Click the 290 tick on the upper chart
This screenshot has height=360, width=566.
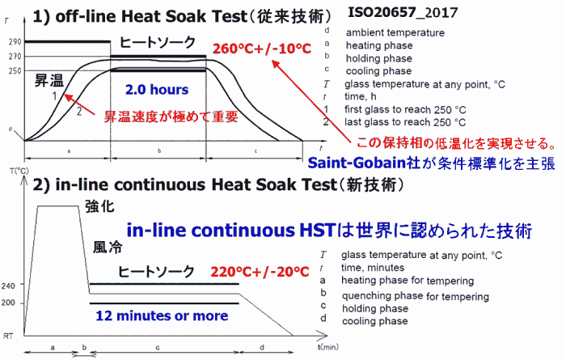[15, 42]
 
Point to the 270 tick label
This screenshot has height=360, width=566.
[15, 57]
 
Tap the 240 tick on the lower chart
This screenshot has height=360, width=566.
[8, 286]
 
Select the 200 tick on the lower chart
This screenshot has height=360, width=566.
[8, 303]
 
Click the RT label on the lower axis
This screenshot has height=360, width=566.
[8, 337]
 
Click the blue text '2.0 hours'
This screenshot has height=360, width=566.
[157, 90]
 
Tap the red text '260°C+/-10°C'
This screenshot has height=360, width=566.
[262, 49]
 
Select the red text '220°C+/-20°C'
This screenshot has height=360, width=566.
[260, 272]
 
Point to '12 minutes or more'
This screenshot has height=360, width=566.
[162, 316]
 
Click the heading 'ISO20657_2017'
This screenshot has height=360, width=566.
[403, 13]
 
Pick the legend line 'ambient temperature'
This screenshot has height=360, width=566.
[395, 32]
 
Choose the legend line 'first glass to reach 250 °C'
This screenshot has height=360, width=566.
[405, 109]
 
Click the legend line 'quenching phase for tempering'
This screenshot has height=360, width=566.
[416, 296]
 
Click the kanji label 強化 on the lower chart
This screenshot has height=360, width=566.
[99, 206]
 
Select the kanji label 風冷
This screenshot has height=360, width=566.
[108, 248]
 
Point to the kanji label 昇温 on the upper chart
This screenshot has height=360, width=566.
[49, 80]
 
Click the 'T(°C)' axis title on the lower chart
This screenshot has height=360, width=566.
[19, 171]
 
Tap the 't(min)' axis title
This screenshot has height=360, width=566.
[328, 347]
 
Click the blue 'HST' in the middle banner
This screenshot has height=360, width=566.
[318, 231]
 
